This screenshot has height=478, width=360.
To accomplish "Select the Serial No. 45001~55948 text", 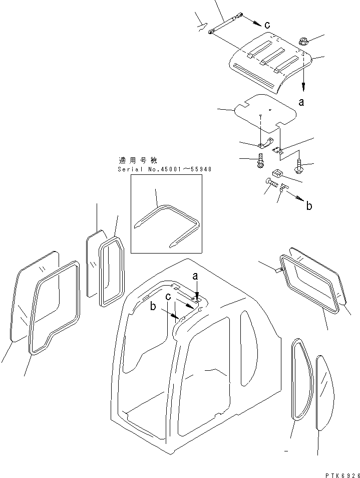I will (x=165, y=169).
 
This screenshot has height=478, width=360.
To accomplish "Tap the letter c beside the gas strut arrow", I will (x=267, y=24).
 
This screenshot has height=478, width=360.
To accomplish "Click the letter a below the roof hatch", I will (x=301, y=102).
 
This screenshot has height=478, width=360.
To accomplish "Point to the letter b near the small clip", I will (x=309, y=206).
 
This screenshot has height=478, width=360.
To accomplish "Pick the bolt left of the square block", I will (x=261, y=162).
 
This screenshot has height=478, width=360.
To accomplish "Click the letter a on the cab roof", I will (x=195, y=276).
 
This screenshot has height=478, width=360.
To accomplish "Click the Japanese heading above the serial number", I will (x=138, y=161).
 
